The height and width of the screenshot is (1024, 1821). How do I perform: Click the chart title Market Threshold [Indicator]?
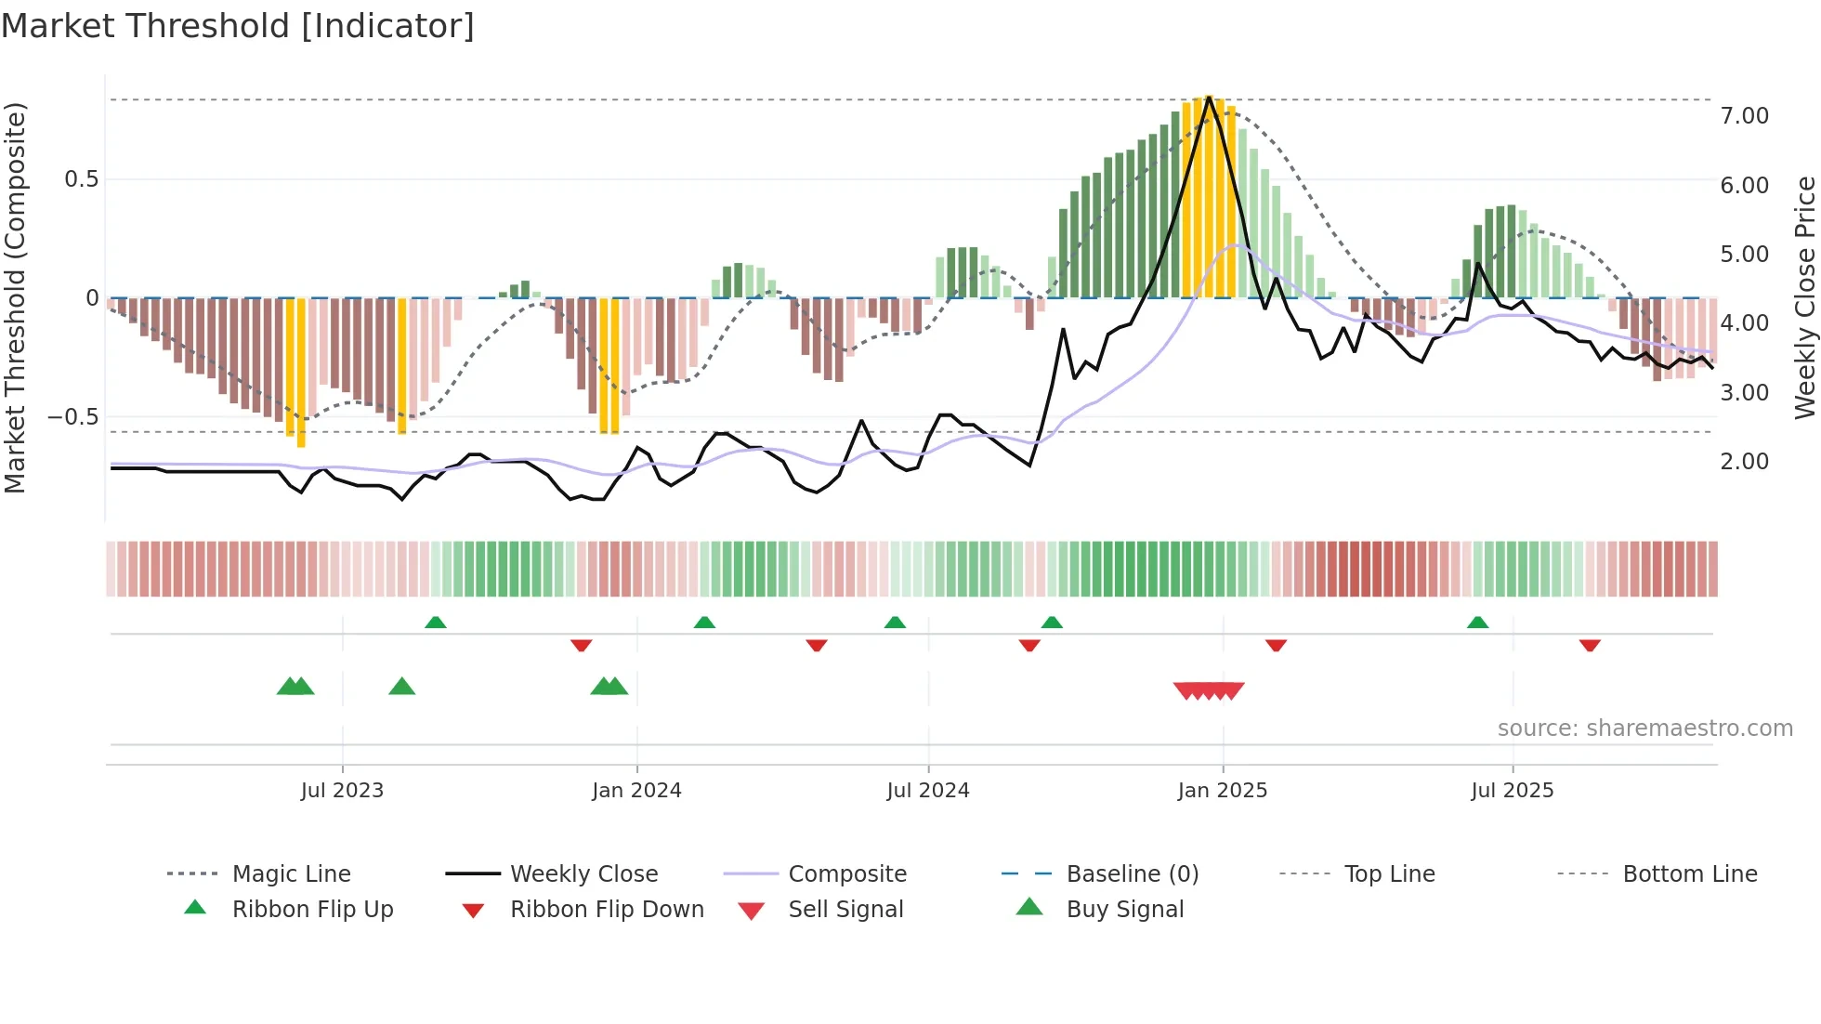click(238, 26)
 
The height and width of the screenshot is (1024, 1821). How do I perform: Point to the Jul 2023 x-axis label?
click(342, 791)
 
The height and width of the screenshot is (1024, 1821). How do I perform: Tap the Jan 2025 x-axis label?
click(1222, 791)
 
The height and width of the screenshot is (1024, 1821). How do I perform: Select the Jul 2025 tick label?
click(1512, 791)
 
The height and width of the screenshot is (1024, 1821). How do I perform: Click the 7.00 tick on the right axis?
click(1744, 116)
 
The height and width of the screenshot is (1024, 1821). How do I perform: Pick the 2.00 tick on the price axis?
click(1744, 462)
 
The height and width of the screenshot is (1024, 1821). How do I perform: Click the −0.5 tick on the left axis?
click(73, 417)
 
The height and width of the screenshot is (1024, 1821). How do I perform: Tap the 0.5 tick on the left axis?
click(82, 179)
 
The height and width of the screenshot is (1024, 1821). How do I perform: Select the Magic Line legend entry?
click(291, 874)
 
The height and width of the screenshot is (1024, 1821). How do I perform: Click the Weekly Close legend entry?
click(583, 874)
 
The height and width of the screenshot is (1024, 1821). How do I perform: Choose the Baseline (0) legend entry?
click(1132, 874)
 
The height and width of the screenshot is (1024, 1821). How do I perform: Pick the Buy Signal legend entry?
click(1124, 910)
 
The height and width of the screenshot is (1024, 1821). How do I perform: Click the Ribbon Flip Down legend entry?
click(607, 910)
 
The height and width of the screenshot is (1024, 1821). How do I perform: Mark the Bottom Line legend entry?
click(1689, 874)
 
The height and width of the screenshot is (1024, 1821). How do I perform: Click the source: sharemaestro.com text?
click(1644, 729)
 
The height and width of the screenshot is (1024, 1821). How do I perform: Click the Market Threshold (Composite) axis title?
click(15, 297)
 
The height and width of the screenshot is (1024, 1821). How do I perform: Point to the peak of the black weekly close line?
click(1209, 97)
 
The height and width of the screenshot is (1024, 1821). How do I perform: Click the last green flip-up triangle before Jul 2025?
click(1477, 623)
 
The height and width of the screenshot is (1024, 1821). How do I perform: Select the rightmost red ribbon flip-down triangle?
click(1590, 645)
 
